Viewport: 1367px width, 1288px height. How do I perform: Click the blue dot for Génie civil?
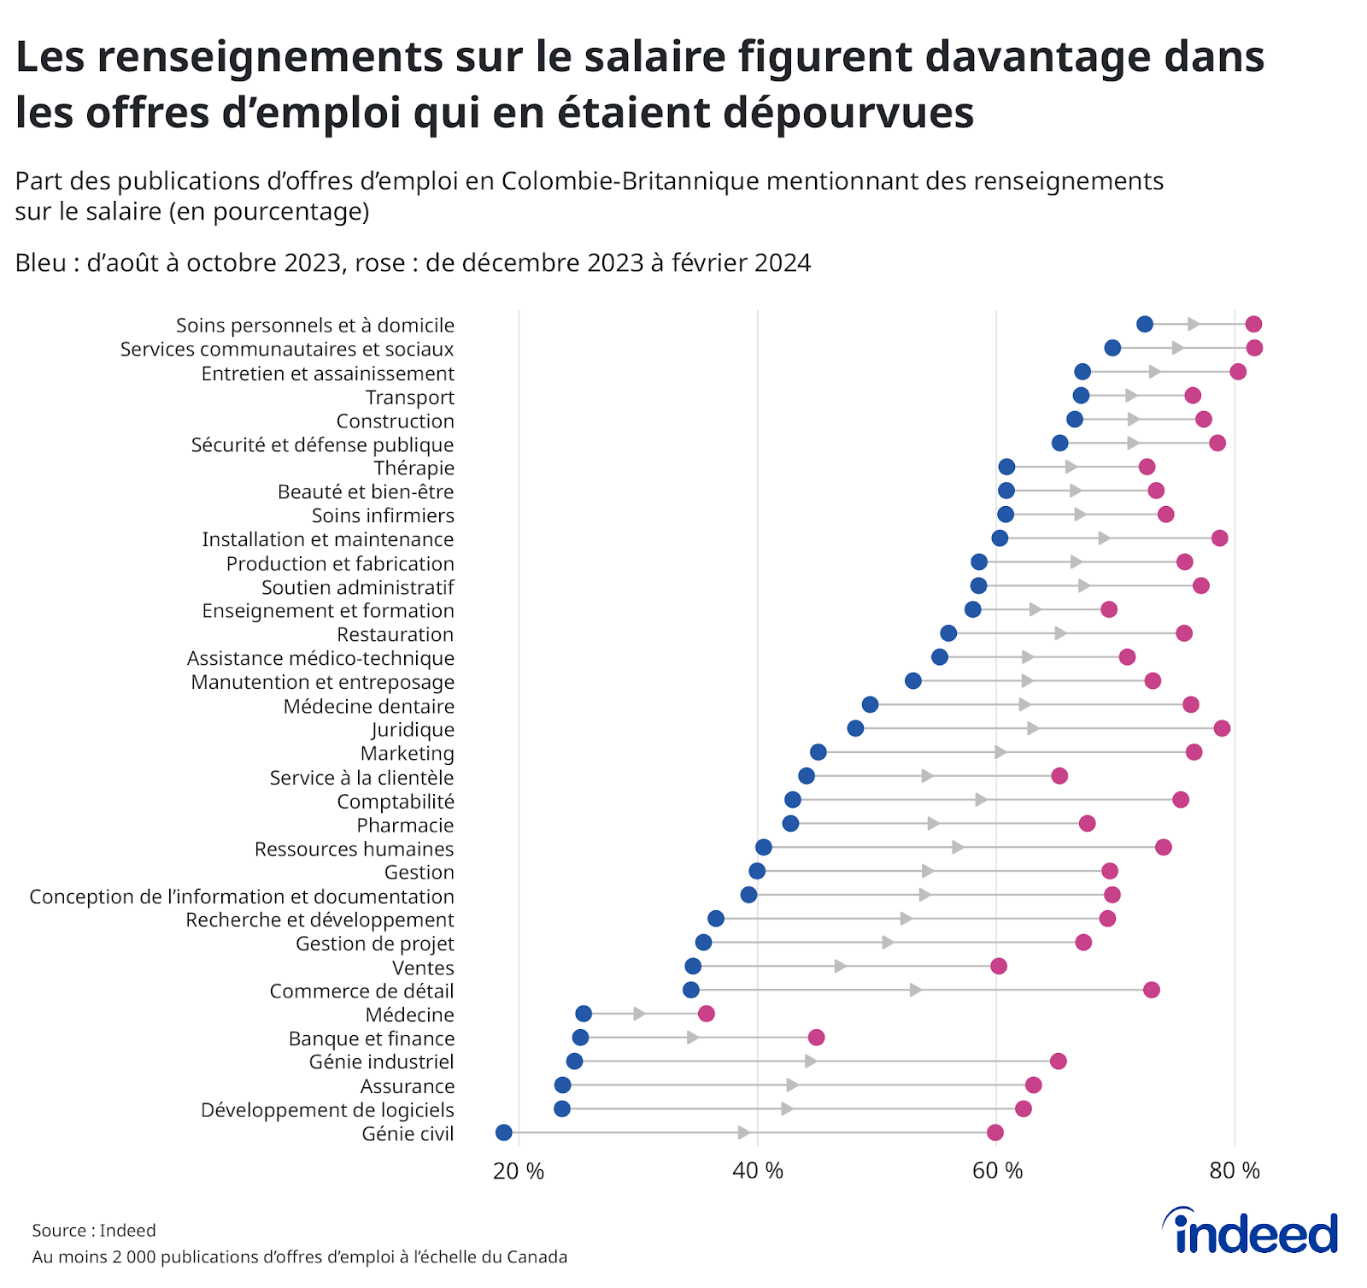[504, 1132]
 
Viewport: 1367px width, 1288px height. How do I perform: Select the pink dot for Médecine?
[706, 1014]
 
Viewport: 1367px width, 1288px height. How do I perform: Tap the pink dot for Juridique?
[1222, 728]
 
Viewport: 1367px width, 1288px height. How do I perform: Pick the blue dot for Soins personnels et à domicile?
[1145, 324]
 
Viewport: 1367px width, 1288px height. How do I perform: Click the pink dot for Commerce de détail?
[1152, 990]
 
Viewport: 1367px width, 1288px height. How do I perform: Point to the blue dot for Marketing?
[818, 752]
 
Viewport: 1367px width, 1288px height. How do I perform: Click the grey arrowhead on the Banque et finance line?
[693, 1038]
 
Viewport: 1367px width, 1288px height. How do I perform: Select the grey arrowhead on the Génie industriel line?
[811, 1062]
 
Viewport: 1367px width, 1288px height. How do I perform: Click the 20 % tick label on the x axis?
[519, 1171]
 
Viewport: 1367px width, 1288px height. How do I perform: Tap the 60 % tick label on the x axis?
[996, 1171]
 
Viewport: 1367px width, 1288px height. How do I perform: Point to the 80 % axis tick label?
[1235, 1171]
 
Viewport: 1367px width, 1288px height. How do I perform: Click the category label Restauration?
[395, 634]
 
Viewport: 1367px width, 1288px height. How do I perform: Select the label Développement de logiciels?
[327, 1109]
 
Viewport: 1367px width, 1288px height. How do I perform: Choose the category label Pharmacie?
[405, 825]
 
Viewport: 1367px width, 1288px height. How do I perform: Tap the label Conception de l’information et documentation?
[242, 897]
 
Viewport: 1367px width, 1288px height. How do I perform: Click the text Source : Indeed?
[94, 1230]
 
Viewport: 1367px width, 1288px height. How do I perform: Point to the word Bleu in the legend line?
[40, 262]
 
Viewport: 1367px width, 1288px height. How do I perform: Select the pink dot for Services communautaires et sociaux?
[1254, 348]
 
